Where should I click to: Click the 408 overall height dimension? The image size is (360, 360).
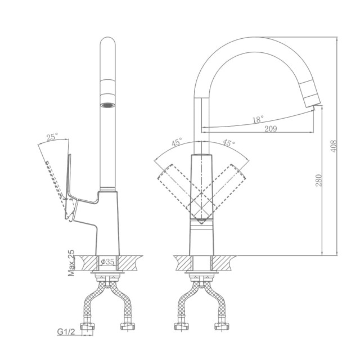pyautogui.click(x=334, y=146)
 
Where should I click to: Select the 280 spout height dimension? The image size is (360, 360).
pyautogui.click(x=319, y=180)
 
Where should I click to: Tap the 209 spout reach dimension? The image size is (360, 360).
pyautogui.click(x=271, y=129)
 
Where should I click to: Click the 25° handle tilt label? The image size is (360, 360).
pyautogui.click(x=52, y=137)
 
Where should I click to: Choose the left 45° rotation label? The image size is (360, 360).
pyautogui.click(x=177, y=142)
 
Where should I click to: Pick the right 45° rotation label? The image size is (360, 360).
pyautogui.click(x=229, y=143)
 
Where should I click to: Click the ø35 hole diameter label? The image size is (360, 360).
pyautogui.click(x=107, y=262)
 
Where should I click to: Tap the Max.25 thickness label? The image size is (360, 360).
pyautogui.click(x=72, y=263)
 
